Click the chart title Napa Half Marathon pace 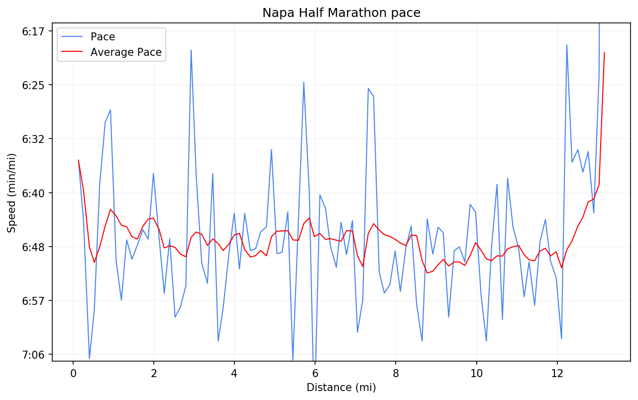click(x=341, y=13)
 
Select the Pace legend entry click(x=103, y=37)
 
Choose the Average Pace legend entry click(x=126, y=52)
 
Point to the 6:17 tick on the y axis click(x=34, y=31)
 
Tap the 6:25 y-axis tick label click(x=34, y=85)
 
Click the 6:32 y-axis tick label click(x=34, y=139)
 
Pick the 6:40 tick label click(x=34, y=193)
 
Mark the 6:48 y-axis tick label click(x=34, y=247)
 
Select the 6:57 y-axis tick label click(x=34, y=301)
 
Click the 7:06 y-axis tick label click(x=34, y=355)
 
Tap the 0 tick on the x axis click(x=73, y=373)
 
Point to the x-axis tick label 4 click(x=234, y=373)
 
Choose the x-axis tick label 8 click(x=396, y=373)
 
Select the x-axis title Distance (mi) click(x=341, y=388)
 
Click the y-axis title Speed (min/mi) click(x=12, y=193)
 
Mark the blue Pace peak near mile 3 click(x=191, y=50)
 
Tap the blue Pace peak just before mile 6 click(x=304, y=82)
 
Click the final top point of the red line click(x=604, y=52)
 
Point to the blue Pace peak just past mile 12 click(x=567, y=45)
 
